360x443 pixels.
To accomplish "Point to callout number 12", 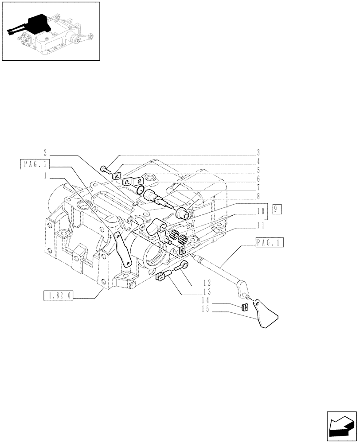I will click(207, 282).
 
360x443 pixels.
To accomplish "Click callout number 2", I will click(46, 155).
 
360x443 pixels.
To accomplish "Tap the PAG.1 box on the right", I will click(270, 243).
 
